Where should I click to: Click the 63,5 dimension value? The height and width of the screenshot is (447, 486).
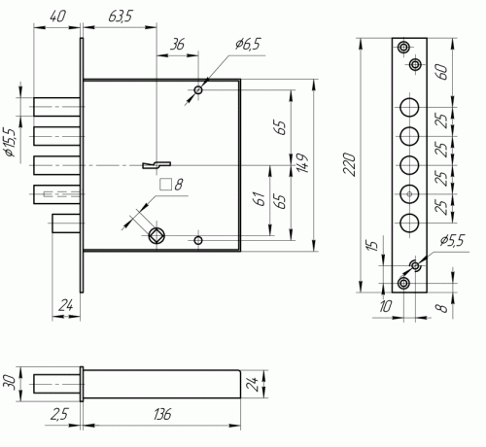120,17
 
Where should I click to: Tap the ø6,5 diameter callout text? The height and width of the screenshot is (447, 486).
248,44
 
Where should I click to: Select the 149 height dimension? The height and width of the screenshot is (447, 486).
302,163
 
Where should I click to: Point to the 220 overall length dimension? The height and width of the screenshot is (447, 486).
350,164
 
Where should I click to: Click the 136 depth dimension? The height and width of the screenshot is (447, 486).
162,414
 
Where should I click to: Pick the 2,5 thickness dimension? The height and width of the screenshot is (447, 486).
59,414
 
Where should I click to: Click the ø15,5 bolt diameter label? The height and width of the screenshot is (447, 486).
10,142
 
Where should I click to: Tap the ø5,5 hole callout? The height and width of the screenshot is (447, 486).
452,241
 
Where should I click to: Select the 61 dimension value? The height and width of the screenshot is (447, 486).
260,198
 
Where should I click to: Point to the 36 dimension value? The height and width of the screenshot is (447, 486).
178,45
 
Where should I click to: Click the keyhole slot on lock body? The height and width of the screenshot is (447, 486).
156,165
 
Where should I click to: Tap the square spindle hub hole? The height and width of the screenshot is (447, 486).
156,236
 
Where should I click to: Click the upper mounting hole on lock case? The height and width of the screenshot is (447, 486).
198,90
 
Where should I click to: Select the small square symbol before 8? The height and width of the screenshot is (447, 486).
165,185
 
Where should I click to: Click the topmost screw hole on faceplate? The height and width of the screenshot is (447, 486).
403,48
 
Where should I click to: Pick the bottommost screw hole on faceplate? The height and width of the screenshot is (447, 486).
403,283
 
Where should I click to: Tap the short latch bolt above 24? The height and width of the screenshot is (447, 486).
66,223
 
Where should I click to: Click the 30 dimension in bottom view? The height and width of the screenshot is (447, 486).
9,383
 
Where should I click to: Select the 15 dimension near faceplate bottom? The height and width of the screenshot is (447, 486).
373,245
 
